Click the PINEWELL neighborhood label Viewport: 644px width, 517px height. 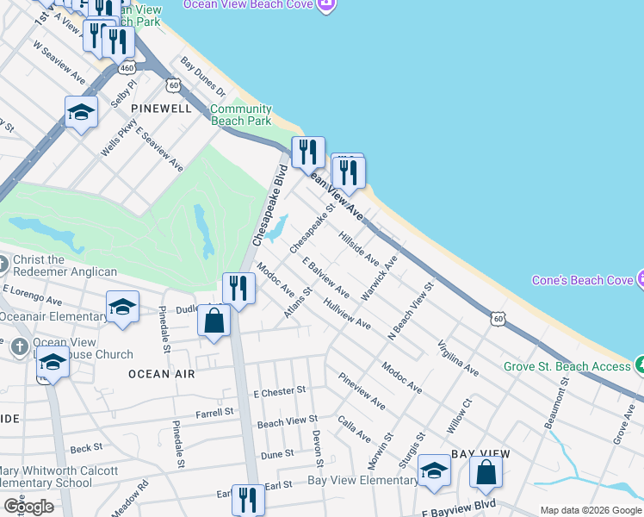[x=161, y=109]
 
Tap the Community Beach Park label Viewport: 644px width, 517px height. [x=241, y=115]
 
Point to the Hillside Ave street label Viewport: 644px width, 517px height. [x=359, y=247]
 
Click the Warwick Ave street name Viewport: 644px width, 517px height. [x=379, y=277]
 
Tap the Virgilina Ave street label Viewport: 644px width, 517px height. [x=458, y=355]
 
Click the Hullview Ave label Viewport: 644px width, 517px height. [x=347, y=314]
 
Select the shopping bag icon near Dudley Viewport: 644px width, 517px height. [x=214, y=322]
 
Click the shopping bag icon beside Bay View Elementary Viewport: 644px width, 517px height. [x=486, y=473]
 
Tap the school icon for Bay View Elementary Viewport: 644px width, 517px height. [x=434, y=471]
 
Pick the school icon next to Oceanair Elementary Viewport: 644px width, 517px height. [x=122, y=308]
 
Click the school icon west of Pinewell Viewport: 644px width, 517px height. [x=81, y=113]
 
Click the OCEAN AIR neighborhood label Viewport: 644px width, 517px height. [x=162, y=374]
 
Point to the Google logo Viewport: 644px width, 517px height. [x=28, y=506]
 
